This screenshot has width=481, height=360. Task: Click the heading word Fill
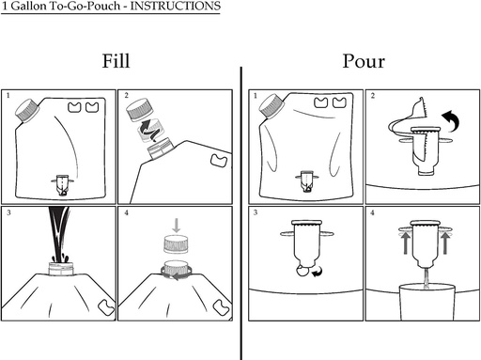116,61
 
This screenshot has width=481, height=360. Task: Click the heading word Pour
364,61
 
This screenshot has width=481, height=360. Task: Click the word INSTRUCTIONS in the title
176,6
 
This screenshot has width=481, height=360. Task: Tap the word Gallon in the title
29,6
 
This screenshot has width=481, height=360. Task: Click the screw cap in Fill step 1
27,110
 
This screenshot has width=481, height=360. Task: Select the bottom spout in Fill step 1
63,185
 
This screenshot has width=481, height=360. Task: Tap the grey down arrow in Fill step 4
177,226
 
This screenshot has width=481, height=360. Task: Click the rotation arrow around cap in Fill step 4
177,273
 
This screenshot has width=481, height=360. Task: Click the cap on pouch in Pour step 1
272,106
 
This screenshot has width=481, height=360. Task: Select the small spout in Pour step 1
307,180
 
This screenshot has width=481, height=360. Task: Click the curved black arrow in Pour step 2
453,119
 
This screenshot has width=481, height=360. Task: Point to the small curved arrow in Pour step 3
318,272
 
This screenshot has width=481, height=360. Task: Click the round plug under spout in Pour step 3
303,271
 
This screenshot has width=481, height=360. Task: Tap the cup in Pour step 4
427,302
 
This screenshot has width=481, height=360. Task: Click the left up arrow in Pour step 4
406,243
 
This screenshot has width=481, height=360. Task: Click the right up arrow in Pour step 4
445,243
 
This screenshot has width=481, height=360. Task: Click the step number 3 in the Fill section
8,212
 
